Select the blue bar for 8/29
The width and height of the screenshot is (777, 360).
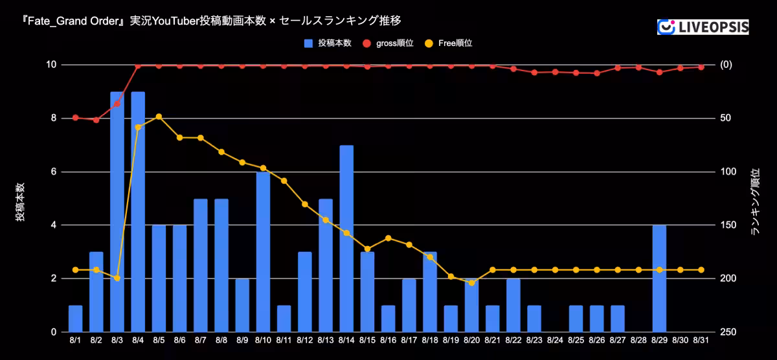pyautogui.click(x=659, y=278)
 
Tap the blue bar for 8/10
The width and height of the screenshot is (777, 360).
pyautogui.click(x=263, y=252)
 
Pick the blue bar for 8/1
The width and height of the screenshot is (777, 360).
pyautogui.click(x=75, y=319)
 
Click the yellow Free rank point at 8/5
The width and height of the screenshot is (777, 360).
pyautogui.click(x=159, y=117)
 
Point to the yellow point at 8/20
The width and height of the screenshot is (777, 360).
pyautogui.click(x=471, y=283)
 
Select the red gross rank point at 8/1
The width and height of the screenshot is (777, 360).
pyautogui.click(x=75, y=118)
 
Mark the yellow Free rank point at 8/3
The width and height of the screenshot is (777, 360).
pyautogui.click(x=117, y=278)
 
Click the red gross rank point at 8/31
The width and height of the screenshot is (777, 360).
pyautogui.click(x=701, y=67)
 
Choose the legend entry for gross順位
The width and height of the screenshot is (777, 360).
pyautogui.click(x=389, y=43)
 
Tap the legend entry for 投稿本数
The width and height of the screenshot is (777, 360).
pyautogui.click(x=328, y=43)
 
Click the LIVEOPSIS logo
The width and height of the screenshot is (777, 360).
pyautogui.click(x=703, y=27)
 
